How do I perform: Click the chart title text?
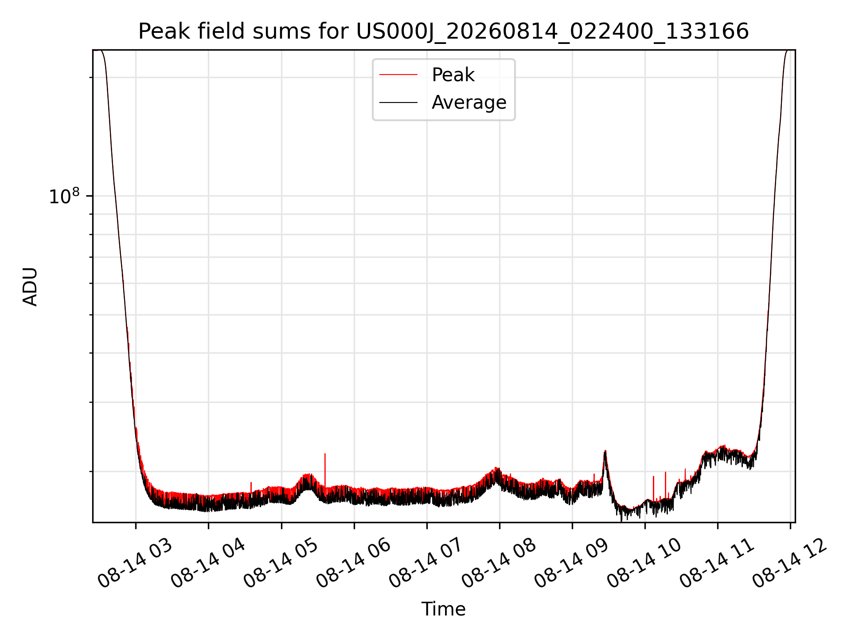(443, 32)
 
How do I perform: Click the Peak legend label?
(453, 75)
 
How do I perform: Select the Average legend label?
(469, 103)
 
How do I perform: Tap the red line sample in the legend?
(398, 75)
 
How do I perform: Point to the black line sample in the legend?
(398, 103)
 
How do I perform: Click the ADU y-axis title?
(30, 287)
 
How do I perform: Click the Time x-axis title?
(443, 609)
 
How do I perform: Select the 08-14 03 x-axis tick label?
(135, 564)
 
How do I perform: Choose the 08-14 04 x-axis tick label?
(207, 564)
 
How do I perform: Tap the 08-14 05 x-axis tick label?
(281, 564)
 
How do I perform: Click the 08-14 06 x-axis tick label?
(353, 564)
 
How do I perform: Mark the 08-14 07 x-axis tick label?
(426, 564)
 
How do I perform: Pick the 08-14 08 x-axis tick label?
(499, 564)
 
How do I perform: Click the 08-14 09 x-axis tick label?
(571, 564)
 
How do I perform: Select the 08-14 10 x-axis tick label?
(644, 564)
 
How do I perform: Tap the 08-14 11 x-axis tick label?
(717, 564)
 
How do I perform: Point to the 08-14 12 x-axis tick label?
(790, 564)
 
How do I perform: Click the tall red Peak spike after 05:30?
(325, 470)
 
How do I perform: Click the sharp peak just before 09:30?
(605, 452)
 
